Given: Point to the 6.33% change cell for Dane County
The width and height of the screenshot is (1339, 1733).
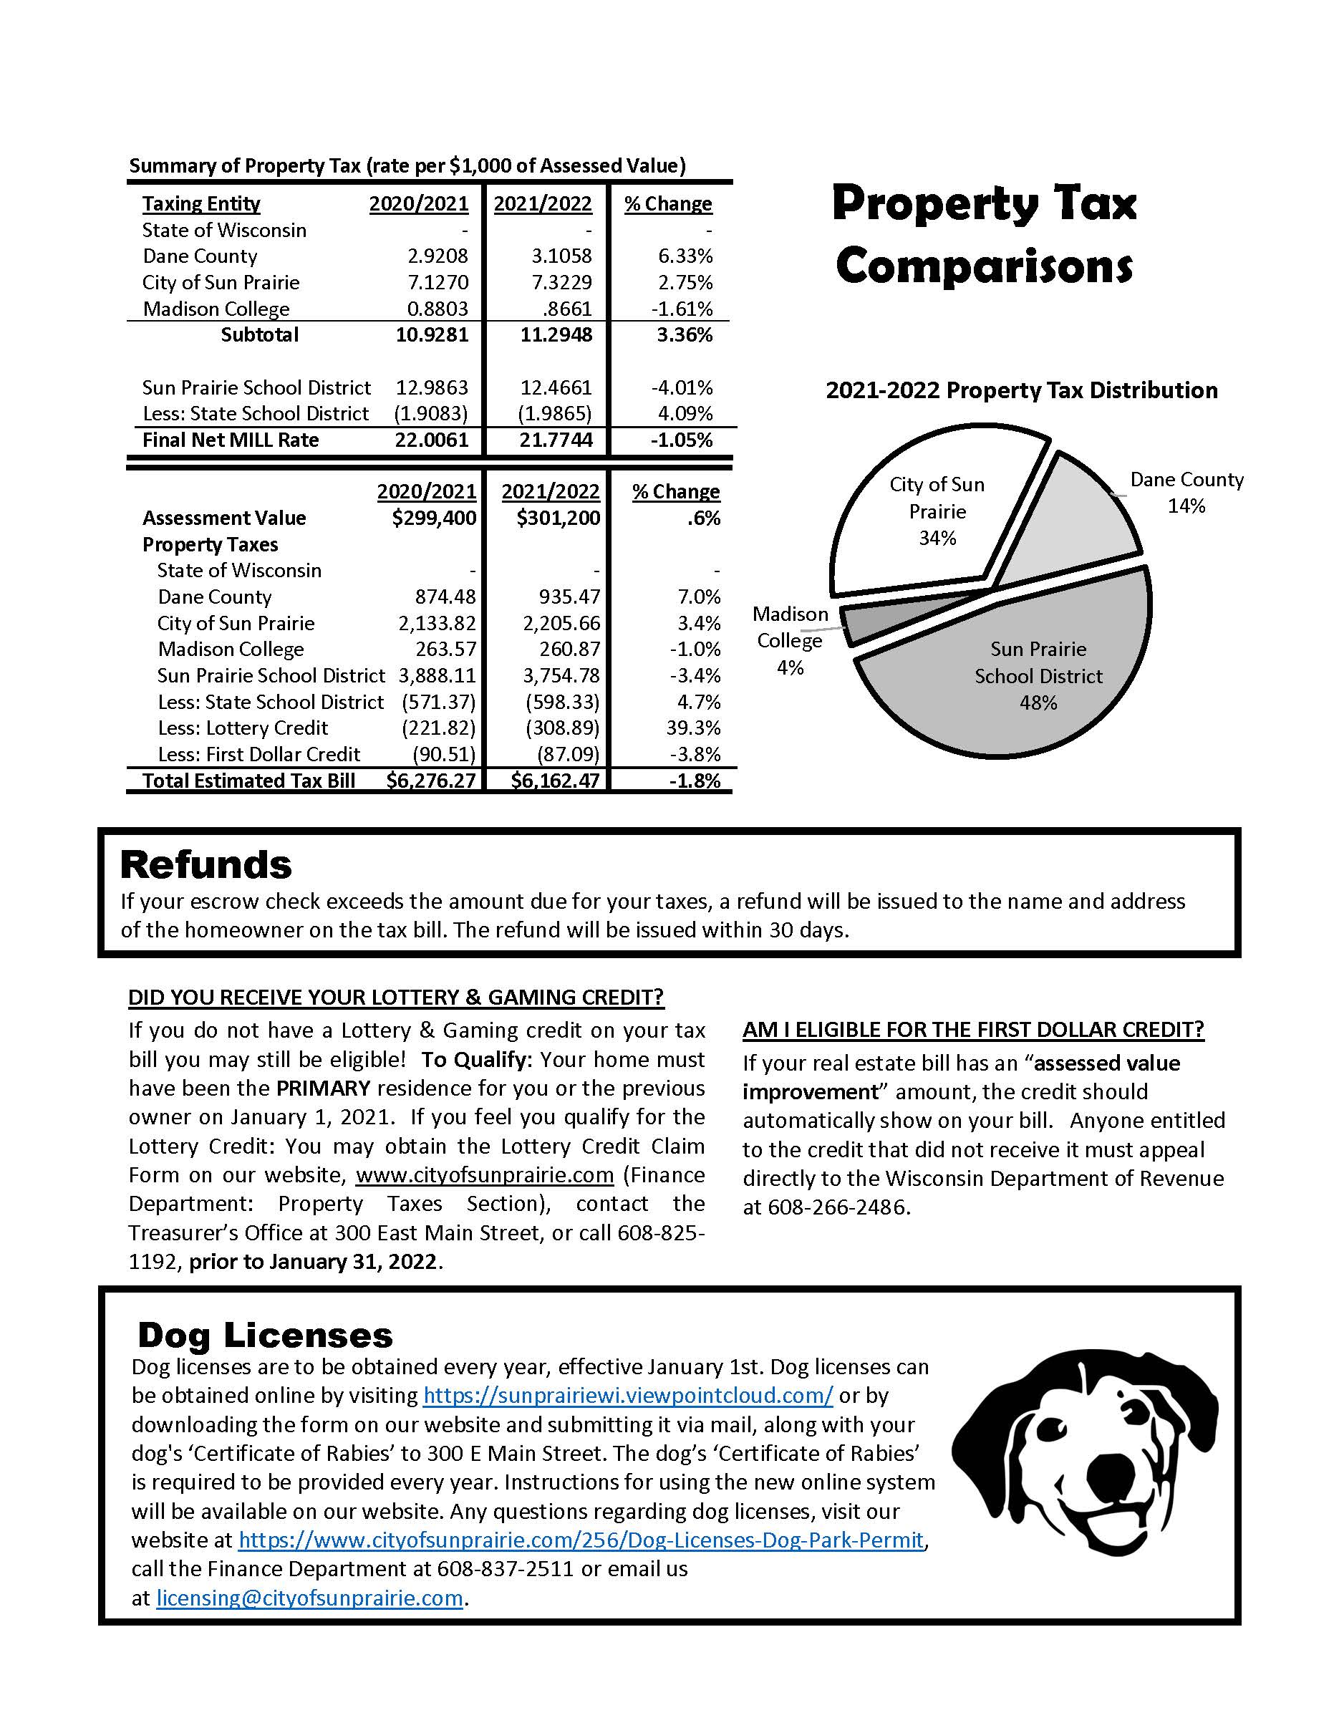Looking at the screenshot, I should [685, 256].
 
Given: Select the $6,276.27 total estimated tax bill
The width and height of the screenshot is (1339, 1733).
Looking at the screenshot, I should [431, 781].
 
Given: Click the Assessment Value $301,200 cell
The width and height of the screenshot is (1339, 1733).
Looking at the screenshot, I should [558, 518].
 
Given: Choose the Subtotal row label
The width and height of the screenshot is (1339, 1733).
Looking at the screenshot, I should [259, 335].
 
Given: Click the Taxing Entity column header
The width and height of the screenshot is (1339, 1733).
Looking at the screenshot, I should [201, 204].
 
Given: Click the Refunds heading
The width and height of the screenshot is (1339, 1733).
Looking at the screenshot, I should [206, 865].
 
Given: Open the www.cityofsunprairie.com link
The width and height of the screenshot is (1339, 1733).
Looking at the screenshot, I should [485, 1174].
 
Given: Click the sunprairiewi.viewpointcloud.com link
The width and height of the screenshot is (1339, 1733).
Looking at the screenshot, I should [627, 1395].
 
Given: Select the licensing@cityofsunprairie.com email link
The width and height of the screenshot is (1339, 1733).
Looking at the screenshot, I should [309, 1598].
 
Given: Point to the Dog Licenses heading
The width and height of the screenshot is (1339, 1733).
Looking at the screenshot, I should [265, 1336].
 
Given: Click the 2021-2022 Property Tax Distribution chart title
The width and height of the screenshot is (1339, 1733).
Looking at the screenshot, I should [1021, 390].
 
